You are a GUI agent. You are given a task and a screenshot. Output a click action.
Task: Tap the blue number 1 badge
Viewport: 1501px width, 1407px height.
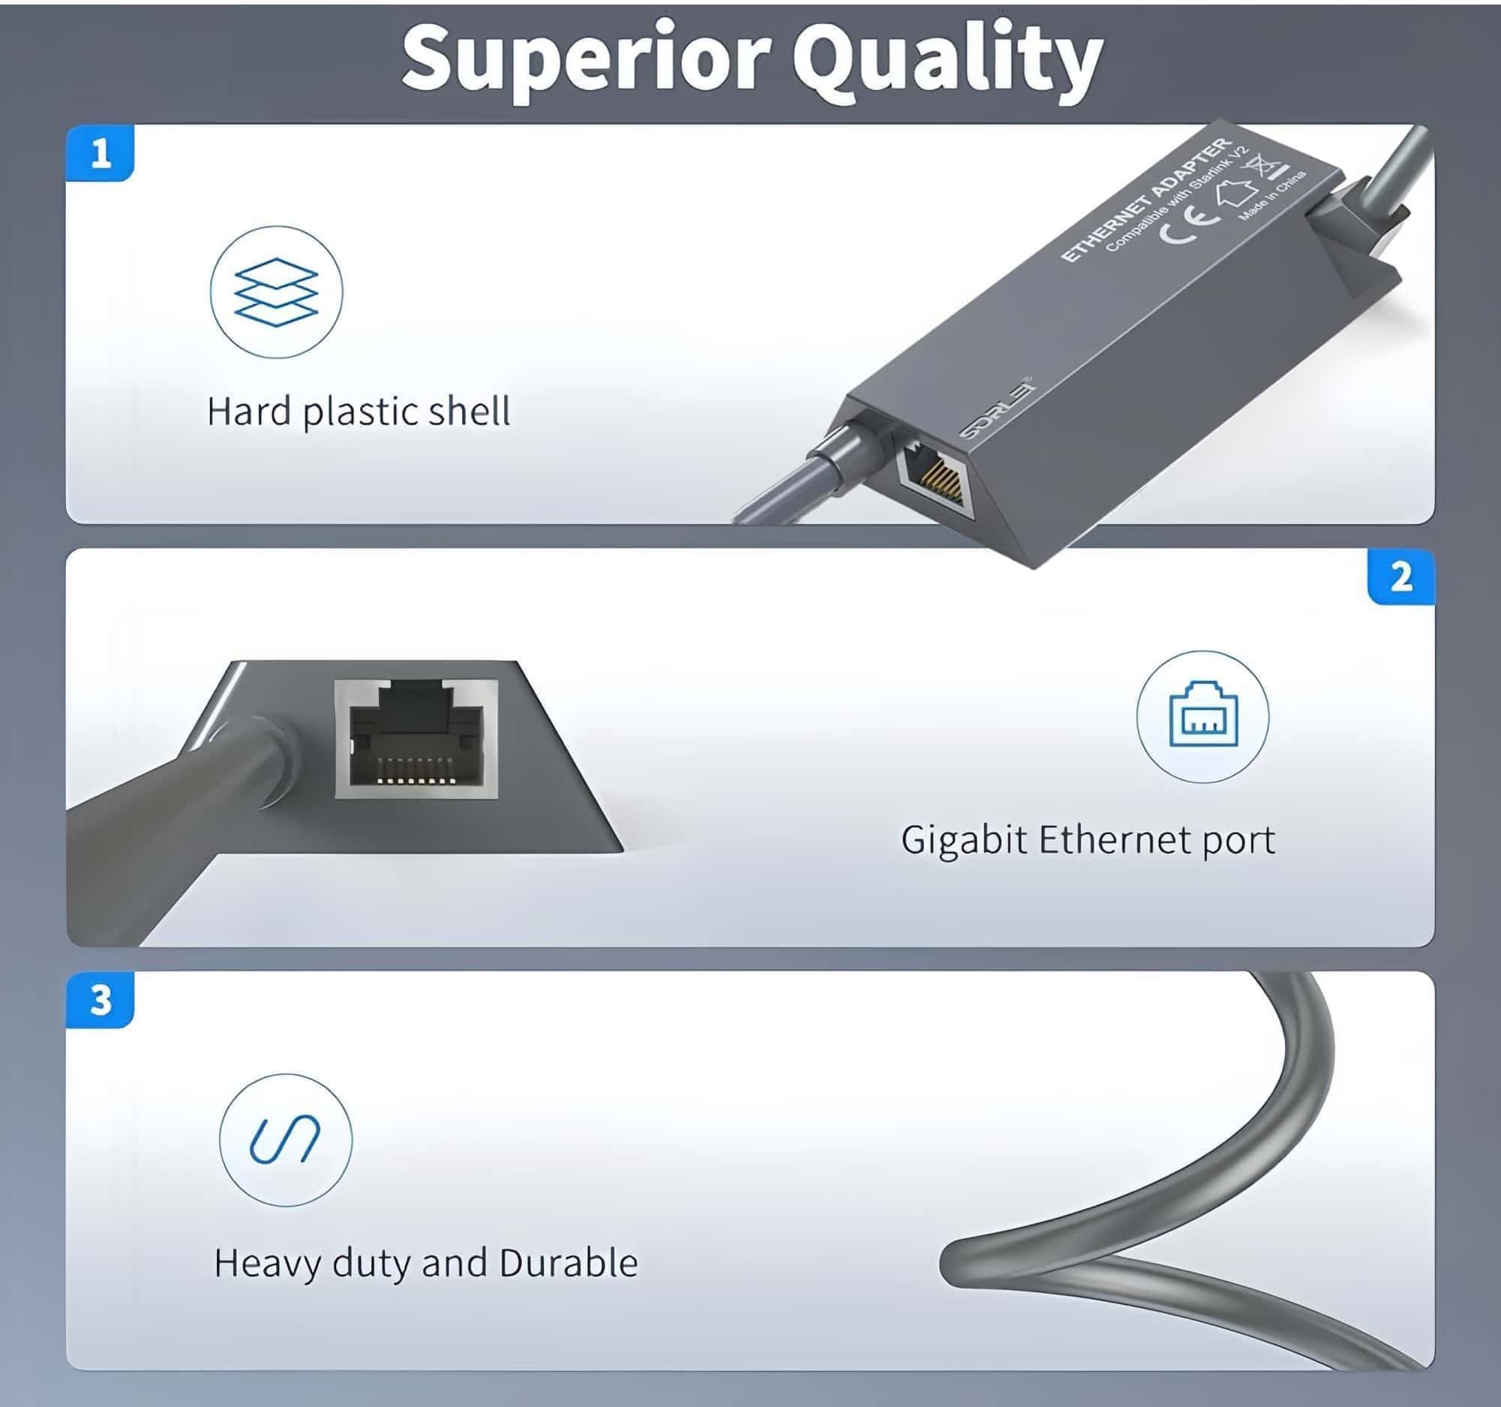(x=101, y=154)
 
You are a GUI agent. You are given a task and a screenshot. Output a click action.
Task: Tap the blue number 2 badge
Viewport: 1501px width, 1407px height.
(x=1400, y=577)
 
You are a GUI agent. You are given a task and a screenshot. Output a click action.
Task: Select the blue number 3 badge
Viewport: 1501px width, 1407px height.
(x=101, y=1000)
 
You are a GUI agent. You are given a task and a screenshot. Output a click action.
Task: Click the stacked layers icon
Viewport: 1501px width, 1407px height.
(x=276, y=291)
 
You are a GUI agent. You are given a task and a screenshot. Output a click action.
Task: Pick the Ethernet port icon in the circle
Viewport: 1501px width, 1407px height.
(x=1203, y=716)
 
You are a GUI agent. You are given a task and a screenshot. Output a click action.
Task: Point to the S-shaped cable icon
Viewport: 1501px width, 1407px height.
(x=285, y=1139)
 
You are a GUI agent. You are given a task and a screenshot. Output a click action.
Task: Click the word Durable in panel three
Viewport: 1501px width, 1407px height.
(x=569, y=1263)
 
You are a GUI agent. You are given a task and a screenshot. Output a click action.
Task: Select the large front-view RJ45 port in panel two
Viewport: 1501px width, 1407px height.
(x=416, y=739)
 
